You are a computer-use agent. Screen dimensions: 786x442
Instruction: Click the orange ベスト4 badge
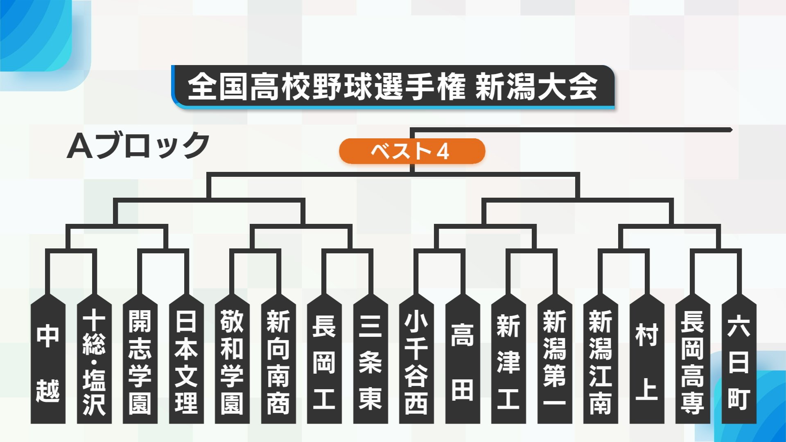[412, 151]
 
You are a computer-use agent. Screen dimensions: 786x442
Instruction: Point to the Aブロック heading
[138, 146]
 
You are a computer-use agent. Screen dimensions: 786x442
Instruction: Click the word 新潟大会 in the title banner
[536, 87]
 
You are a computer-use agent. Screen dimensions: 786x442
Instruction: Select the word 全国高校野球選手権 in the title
[327, 87]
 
